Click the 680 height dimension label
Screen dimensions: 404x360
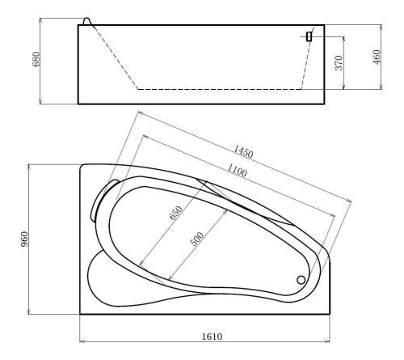(x=36, y=59)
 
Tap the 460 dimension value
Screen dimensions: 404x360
(x=377, y=57)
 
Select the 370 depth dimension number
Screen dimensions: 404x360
(x=339, y=63)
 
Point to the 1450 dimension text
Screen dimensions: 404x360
(x=243, y=151)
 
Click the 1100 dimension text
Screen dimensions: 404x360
(x=237, y=171)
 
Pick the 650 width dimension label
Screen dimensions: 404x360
(x=176, y=213)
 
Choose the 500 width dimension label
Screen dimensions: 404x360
(x=197, y=239)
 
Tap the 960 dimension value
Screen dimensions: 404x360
(x=24, y=239)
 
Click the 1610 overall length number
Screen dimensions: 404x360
(x=213, y=337)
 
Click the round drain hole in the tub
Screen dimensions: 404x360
(x=301, y=280)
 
